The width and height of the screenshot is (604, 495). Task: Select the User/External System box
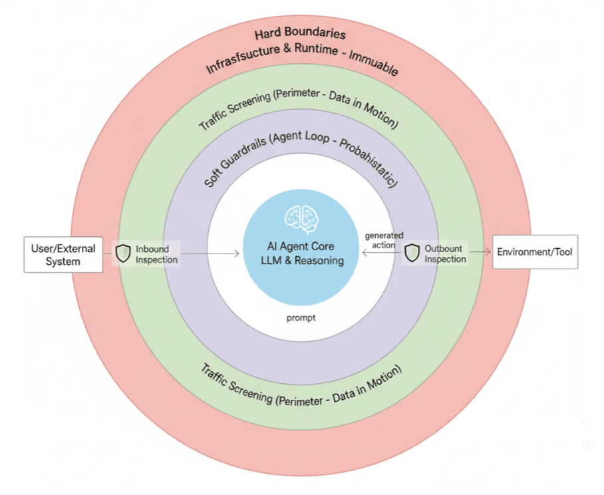(x=63, y=255)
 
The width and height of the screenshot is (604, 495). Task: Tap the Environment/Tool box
(x=535, y=252)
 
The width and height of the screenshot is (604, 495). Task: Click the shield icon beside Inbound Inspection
(x=124, y=253)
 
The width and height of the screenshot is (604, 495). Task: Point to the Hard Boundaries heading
(x=299, y=34)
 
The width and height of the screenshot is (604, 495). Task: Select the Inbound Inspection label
(x=156, y=254)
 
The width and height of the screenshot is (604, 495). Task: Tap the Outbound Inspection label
(x=445, y=253)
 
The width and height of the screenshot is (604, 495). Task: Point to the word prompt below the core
(x=301, y=318)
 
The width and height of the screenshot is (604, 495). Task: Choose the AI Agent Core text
(x=302, y=247)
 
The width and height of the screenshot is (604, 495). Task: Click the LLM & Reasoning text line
(x=302, y=261)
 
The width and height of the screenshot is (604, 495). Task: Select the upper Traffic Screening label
(x=299, y=106)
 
